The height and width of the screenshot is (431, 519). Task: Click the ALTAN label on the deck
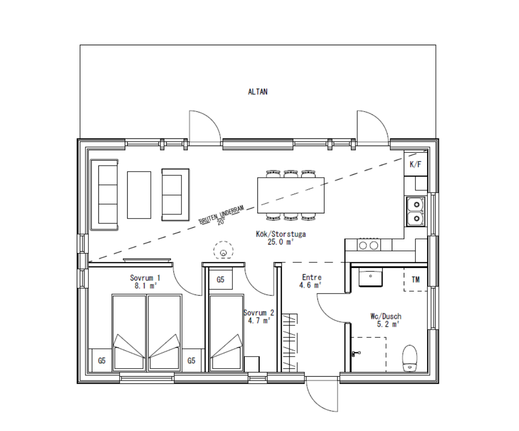pyautogui.click(x=257, y=92)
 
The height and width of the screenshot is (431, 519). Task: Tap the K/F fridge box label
pyautogui.click(x=415, y=164)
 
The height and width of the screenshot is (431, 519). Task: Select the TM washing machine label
pyautogui.click(x=415, y=280)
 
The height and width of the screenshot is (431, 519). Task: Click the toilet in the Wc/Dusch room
pyautogui.click(x=410, y=358)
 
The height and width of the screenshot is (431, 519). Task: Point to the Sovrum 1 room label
pyautogui.click(x=145, y=278)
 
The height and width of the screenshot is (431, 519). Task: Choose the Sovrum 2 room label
pyautogui.click(x=259, y=313)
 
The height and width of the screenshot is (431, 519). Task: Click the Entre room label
pyautogui.click(x=312, y=277)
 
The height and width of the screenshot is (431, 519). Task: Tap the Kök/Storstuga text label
pyautogui.click(x=281, y=234)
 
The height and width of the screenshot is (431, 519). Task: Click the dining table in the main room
pyautogui.click(x=290, y=195)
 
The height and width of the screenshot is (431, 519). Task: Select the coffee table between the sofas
pyautogui.click(x=139, y=195)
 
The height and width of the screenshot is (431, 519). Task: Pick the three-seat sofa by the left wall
pyautogui.click(x=104, y=195)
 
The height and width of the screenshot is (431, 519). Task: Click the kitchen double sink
pyautogui.click(x=416, y=212)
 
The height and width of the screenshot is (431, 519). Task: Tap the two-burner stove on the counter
pyautogui.click(x=368, y=246)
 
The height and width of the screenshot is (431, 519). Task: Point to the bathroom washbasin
pyautogui.click(x=370, y=277)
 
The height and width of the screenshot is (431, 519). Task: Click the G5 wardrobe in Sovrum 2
pyautogui.click(x=220, y=279)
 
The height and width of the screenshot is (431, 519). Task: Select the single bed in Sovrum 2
pyautogui.click(x=227, y=332)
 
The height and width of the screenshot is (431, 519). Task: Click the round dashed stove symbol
pyautogui.click(x=223, y=250)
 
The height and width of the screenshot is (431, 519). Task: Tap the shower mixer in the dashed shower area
pyautogui.click(x=355, y=354)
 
